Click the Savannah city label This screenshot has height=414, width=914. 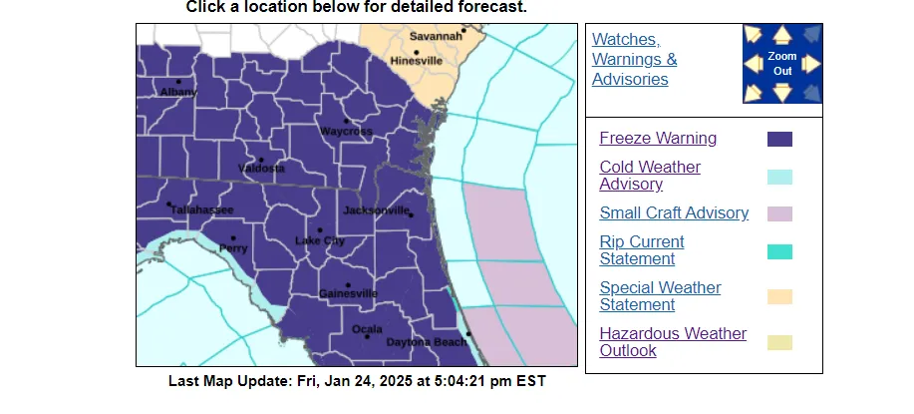437,37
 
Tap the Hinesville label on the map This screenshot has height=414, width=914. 417,60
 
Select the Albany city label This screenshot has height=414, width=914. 178,93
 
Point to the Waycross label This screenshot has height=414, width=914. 346,132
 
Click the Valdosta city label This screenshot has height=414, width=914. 261,169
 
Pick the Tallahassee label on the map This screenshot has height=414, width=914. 201,209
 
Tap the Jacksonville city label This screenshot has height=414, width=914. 376,210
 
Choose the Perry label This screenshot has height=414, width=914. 233,248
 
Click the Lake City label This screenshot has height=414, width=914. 320,241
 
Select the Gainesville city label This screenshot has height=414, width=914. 348,293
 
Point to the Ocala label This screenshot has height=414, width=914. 367,328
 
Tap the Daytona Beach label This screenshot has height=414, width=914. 426,342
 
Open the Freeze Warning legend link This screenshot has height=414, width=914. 658,139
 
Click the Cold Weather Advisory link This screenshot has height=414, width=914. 650,176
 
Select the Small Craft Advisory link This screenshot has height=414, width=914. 674,212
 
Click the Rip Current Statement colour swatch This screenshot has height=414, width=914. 779,250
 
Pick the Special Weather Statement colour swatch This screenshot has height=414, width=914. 779,296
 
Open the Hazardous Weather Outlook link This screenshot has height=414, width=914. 673,341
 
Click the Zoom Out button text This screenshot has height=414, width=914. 782,64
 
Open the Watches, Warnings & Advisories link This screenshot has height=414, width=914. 634,59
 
